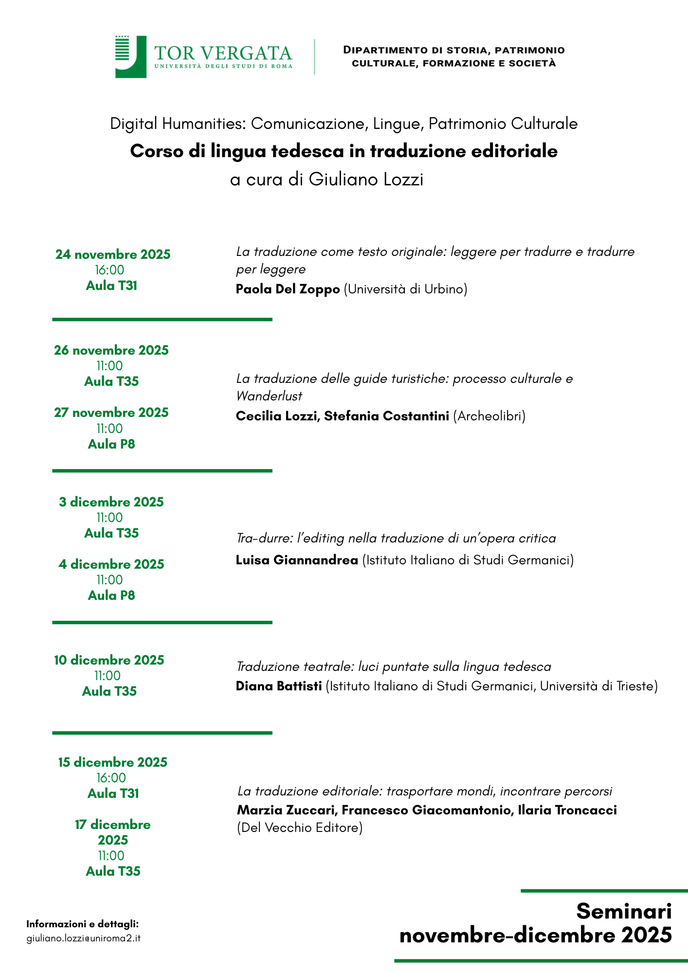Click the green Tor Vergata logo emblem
pos(130,56)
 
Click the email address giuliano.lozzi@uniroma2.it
pos(83,938)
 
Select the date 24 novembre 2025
pos(113,254)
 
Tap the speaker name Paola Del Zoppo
pos(288,289)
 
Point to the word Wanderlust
pos(269,396)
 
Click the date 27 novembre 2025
pos(111,413)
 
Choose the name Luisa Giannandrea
pos(297,560)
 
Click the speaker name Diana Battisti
pos(279,686)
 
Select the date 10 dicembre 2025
pos(109,660)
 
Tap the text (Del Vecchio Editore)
pos(300,828)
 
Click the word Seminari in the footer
pos(624,911)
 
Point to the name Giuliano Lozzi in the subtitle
pos(366,180)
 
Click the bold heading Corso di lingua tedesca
pos(344,151)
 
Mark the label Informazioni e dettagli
pos(83,924)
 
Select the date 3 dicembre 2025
pos(111,502)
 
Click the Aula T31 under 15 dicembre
pos(113,793)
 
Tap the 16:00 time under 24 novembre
pos(109,270)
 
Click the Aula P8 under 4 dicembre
pos(111,595)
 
